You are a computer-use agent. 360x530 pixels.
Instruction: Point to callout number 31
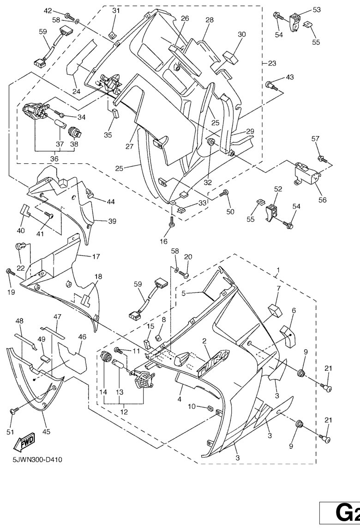tap(116, 11)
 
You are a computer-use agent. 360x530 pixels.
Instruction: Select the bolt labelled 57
tap(323, 160)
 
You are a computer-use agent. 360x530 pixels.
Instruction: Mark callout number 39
tap(112, 221)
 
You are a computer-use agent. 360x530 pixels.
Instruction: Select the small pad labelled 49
tap(45, 358)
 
